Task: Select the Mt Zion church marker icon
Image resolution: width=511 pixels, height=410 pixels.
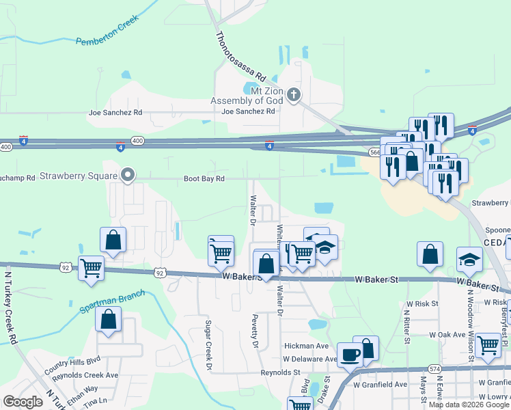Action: point(294,94)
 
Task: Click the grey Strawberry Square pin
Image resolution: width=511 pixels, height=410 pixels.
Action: point(127,176)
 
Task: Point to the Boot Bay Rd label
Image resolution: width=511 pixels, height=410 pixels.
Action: point(204,179)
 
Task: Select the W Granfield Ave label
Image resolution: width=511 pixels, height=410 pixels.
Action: point(379,384)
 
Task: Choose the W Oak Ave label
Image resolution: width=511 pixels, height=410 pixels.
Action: point(447,335)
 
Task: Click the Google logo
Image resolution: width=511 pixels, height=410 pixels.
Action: point(23,402)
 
